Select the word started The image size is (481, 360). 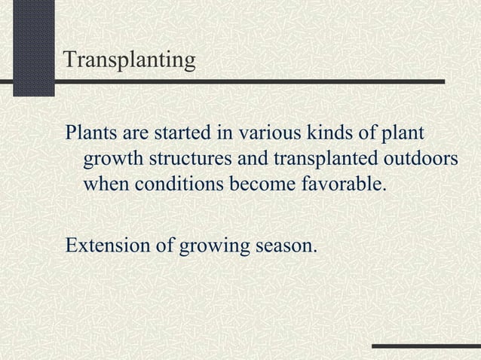click(x=180, y=135)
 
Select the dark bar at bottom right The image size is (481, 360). click(x=426, y=346)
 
